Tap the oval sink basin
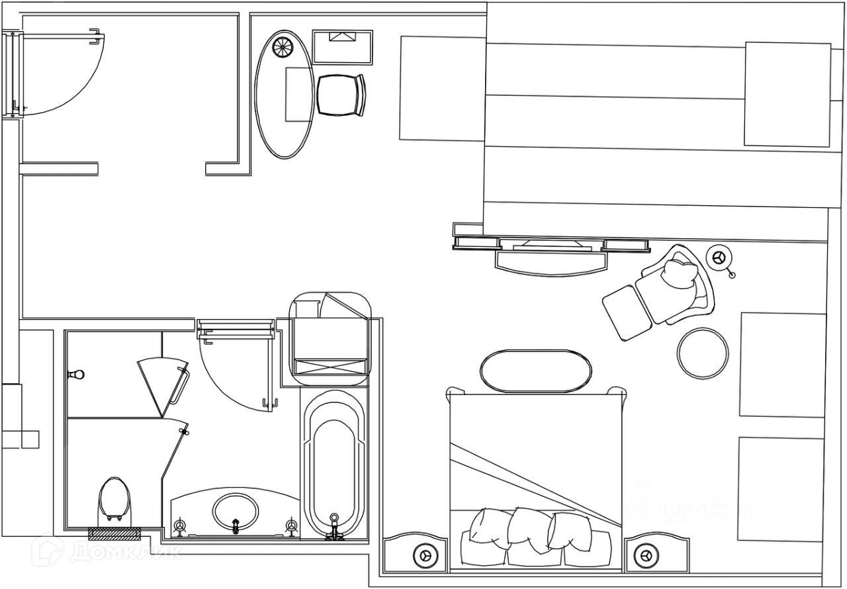[235, 511]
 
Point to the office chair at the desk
[341, 95]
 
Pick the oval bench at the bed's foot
[535, 371]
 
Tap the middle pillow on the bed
[529, 529]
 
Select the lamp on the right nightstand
[645, 555]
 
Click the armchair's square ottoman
[627, 312]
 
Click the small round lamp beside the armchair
[719, 257]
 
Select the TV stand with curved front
[551, 261]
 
